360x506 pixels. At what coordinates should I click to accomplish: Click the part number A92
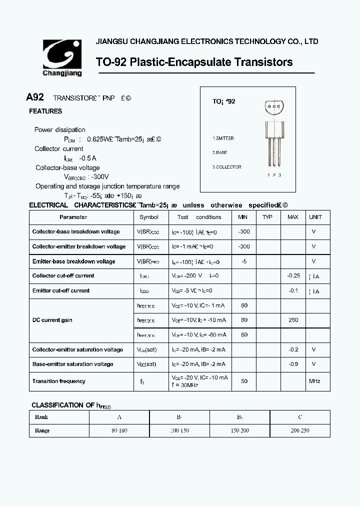coord(35,97)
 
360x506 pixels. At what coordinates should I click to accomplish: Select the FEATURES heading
coord(45,111)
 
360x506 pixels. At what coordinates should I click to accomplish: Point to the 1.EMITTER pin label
coord(223,138)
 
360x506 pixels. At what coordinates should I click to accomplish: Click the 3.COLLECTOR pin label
coord(226,167)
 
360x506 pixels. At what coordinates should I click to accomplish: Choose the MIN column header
coord(243,217)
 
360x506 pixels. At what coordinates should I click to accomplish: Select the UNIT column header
coord(315,217)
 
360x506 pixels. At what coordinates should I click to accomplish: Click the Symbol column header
coord(149,217)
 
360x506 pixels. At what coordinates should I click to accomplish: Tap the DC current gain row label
coord(52,320)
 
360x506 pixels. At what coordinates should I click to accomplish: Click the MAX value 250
coord(293,320)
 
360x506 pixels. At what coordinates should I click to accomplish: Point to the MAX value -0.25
coord(293,276)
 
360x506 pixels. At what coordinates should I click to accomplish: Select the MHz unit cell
coord(314,381)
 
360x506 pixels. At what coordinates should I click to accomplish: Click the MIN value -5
coord(244,261)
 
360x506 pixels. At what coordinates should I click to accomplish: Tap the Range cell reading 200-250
coord(300,430)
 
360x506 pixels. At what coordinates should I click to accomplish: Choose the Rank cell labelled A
coord(119,417)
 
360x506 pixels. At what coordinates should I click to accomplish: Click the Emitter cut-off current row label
coord(61,290)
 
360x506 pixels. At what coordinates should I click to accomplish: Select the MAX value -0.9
coord(293,364)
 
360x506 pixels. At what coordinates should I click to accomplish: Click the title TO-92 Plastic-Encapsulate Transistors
coord(194,62)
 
